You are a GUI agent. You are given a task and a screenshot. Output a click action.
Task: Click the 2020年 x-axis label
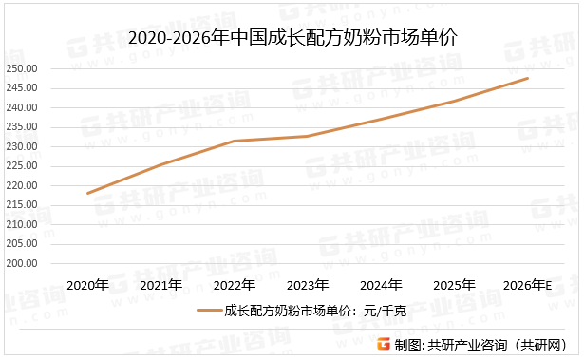point(87,285)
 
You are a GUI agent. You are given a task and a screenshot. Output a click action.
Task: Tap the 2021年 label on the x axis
point(160,285)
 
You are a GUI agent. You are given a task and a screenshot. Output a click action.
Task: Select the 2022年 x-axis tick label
point(235,285)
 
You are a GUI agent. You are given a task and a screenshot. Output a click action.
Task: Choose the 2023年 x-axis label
point(308,285)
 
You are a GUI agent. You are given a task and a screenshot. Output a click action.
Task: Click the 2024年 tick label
point(381,285)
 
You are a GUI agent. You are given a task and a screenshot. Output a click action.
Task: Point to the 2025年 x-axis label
point(454,285)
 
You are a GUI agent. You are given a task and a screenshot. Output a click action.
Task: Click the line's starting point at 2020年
point(87,194)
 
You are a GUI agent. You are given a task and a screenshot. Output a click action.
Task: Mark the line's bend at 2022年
point(235,141)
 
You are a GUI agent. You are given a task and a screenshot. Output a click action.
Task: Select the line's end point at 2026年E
point(528,78)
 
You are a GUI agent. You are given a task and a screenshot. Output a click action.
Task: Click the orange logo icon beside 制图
point(383,344)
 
